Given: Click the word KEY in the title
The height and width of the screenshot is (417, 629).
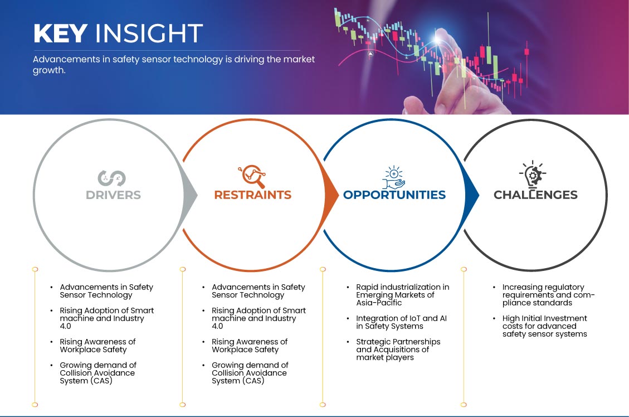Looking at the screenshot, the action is tap(60, 33).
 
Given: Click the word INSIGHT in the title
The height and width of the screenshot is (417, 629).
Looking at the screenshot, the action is tap(149, 33).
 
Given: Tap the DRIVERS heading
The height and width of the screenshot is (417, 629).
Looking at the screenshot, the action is tap(113, 195).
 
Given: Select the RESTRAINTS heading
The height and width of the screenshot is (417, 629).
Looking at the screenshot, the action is tap(253, 195).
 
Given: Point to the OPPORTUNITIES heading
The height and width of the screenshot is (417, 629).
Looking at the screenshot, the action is tap(394, 195).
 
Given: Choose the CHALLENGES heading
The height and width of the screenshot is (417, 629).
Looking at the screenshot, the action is tap(535, 195).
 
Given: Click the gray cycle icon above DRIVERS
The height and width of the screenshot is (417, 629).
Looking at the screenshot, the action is tap(112, 178).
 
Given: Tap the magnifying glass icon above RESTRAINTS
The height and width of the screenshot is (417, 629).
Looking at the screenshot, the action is tap(252, 176).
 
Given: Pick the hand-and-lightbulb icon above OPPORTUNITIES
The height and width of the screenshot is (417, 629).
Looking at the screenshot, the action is tap(393, 177).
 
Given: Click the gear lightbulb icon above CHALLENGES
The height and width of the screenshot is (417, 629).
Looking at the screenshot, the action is tap(533, 174).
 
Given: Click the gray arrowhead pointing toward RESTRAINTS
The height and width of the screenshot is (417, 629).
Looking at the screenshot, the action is tap(190, 196).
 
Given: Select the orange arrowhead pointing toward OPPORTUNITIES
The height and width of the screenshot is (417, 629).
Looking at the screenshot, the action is tap(331, 196).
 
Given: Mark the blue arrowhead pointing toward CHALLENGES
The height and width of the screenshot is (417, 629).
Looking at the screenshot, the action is tap(472, 196).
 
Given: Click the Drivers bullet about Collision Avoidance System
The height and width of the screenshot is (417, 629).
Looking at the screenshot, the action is tap(98, 373).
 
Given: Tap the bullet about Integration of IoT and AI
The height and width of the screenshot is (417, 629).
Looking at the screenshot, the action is tap(401, 322).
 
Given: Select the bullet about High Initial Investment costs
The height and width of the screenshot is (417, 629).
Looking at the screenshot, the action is tap(544, 326).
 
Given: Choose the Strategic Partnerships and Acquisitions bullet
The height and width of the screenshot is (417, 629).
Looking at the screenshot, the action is tap(398, 350).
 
